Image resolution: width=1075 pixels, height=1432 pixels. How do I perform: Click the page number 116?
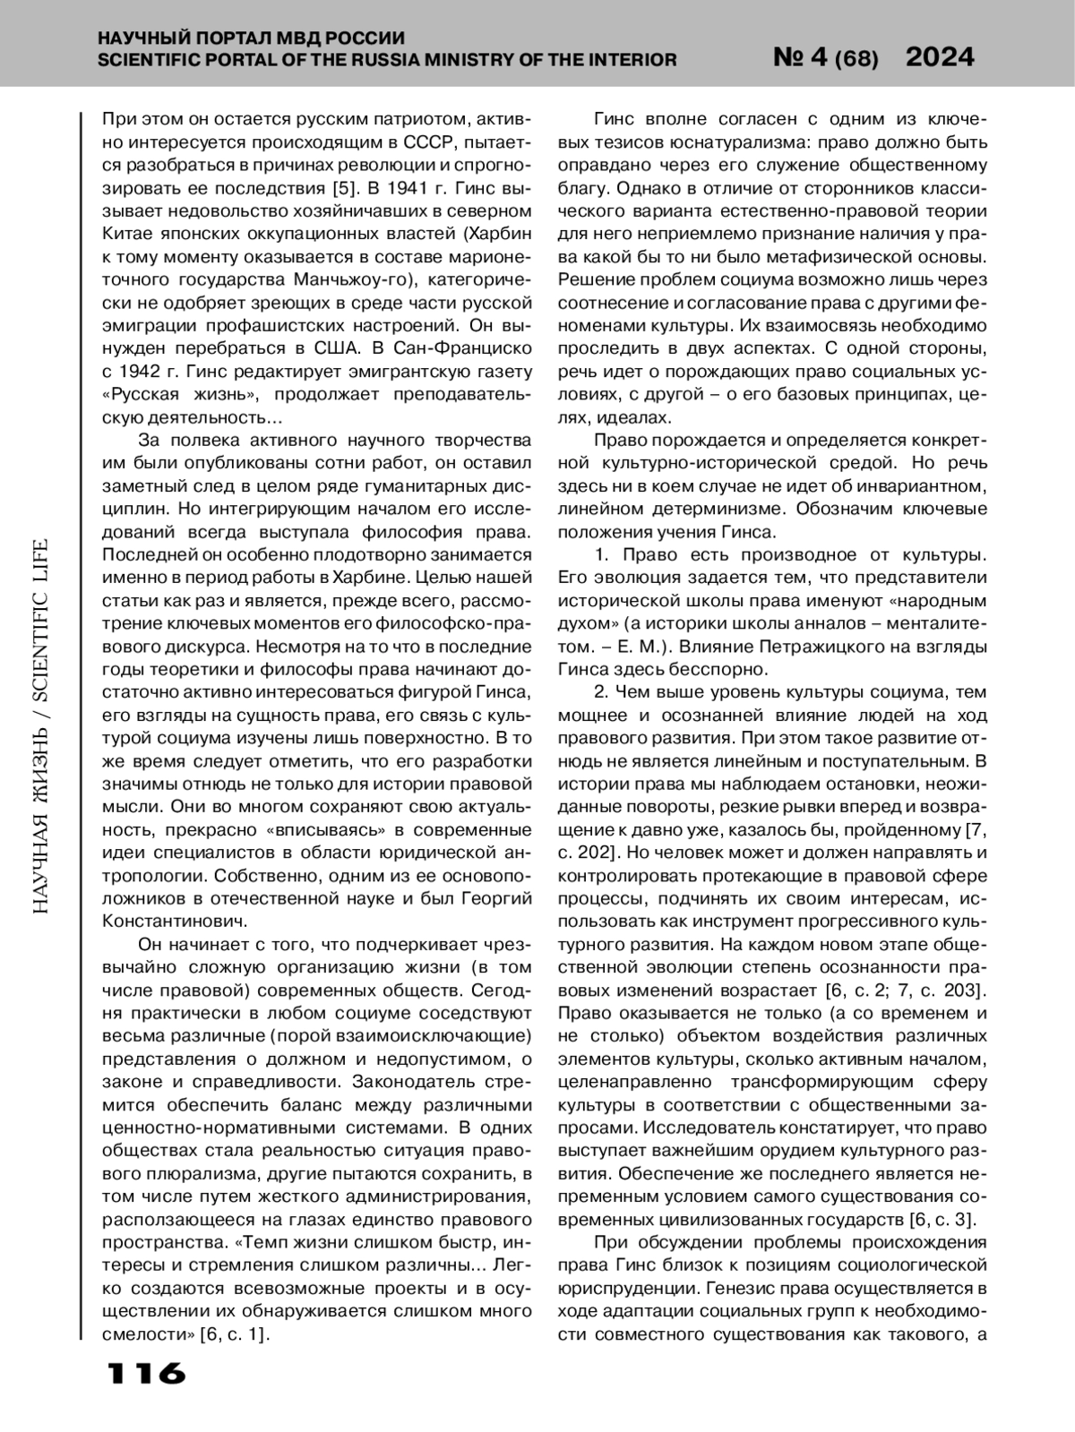coord(146,1373)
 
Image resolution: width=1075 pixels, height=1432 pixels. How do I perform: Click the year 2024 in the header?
coord(940,57)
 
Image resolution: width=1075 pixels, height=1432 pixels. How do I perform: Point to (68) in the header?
coord(856,60)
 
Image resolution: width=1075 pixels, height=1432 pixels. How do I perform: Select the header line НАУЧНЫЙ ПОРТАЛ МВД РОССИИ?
coord(251,39)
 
